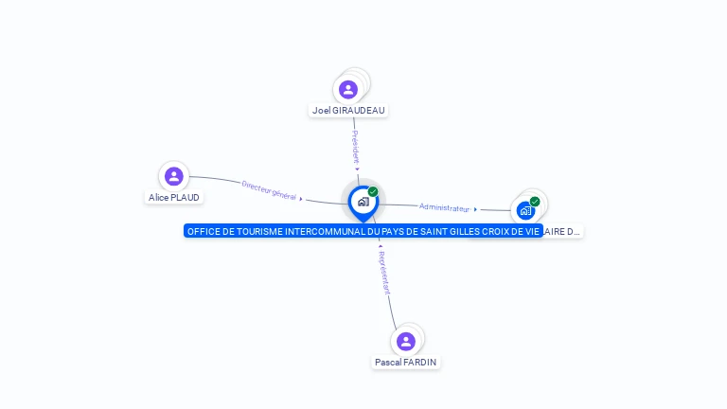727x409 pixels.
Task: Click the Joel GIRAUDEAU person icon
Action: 348,90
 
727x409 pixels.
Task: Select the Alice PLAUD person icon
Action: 173,176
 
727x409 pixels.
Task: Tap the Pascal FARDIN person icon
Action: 406,341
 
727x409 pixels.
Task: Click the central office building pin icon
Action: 363,202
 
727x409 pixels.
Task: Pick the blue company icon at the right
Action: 525,210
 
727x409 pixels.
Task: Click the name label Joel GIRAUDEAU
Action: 348,110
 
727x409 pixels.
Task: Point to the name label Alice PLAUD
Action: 174,197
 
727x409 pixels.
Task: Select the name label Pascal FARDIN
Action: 406,362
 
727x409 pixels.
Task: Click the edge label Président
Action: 355,147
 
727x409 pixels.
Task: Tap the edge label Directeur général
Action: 269,189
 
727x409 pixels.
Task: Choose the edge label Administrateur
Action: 444,207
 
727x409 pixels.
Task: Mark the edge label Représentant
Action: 382,273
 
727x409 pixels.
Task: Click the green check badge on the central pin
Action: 373,191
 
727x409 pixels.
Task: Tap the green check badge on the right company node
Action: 535,201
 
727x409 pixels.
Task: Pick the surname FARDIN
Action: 419,362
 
